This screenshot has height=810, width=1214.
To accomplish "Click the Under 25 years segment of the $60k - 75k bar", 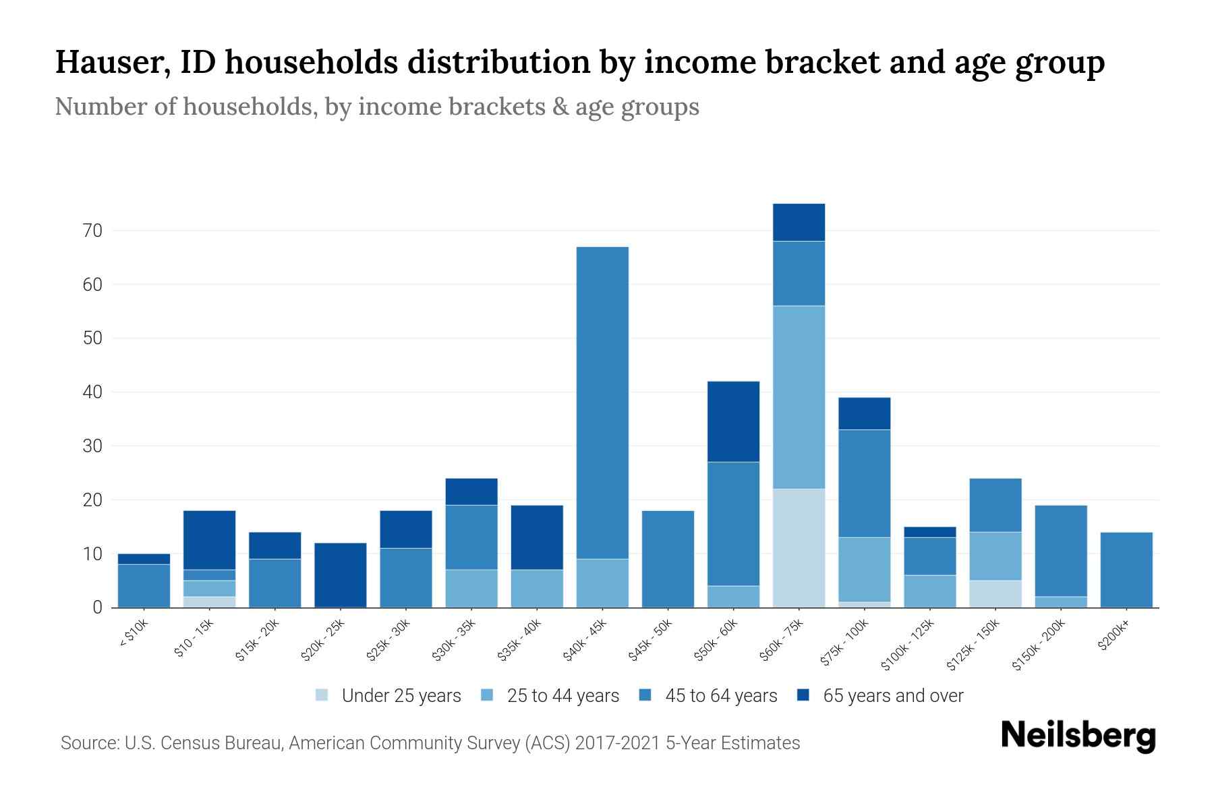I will (799, 547).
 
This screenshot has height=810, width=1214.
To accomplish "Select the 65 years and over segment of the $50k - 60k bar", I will (733, 421).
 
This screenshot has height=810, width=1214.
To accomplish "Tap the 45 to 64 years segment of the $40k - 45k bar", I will (602, 402).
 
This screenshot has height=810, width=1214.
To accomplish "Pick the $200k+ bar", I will (1126, 570).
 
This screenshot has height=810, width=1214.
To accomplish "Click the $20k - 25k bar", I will (341, 574).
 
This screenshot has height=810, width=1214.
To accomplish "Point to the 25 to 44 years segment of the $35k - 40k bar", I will (537, 588).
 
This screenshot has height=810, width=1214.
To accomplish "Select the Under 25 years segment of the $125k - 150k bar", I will (995, 593).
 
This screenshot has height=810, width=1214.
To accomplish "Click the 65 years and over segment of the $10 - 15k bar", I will (209, 539).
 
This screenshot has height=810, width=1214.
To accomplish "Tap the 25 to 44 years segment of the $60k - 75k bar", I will (799, 397).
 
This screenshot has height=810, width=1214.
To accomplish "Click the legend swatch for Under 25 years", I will (322, 695).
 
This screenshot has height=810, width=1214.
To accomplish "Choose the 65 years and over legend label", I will (892, 696).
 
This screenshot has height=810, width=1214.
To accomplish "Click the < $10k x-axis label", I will (134, 634).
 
